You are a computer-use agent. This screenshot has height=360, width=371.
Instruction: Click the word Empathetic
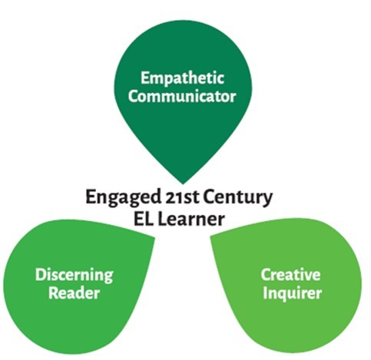tap(183, 78)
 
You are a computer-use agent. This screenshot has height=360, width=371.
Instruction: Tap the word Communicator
tap(182, 97)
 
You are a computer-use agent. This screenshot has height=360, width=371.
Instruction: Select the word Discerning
tap(75, 276)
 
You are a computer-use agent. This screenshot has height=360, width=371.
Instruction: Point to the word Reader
tap(74, 293)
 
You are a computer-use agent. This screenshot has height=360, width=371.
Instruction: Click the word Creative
tap(290, 275)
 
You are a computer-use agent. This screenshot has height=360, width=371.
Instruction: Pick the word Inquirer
tap(292, 294)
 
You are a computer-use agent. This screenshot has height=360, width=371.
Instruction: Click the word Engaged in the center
tap(124, 198)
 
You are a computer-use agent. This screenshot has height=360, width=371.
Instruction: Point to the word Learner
tap(191, 219)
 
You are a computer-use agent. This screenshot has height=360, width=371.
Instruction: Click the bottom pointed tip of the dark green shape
tap(183, 183)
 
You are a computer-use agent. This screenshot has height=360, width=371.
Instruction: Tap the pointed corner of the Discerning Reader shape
tap(154, 238)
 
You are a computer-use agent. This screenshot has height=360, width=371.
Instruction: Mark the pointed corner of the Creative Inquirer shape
tap(210, 236)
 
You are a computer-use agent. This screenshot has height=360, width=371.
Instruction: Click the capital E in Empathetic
tap(145, 78)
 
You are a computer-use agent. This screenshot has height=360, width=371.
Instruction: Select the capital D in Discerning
tap(41, 275)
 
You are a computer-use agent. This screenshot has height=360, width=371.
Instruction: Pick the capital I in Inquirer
tap(265, 292)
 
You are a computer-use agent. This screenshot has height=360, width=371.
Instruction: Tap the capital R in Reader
tap(54, 293)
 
